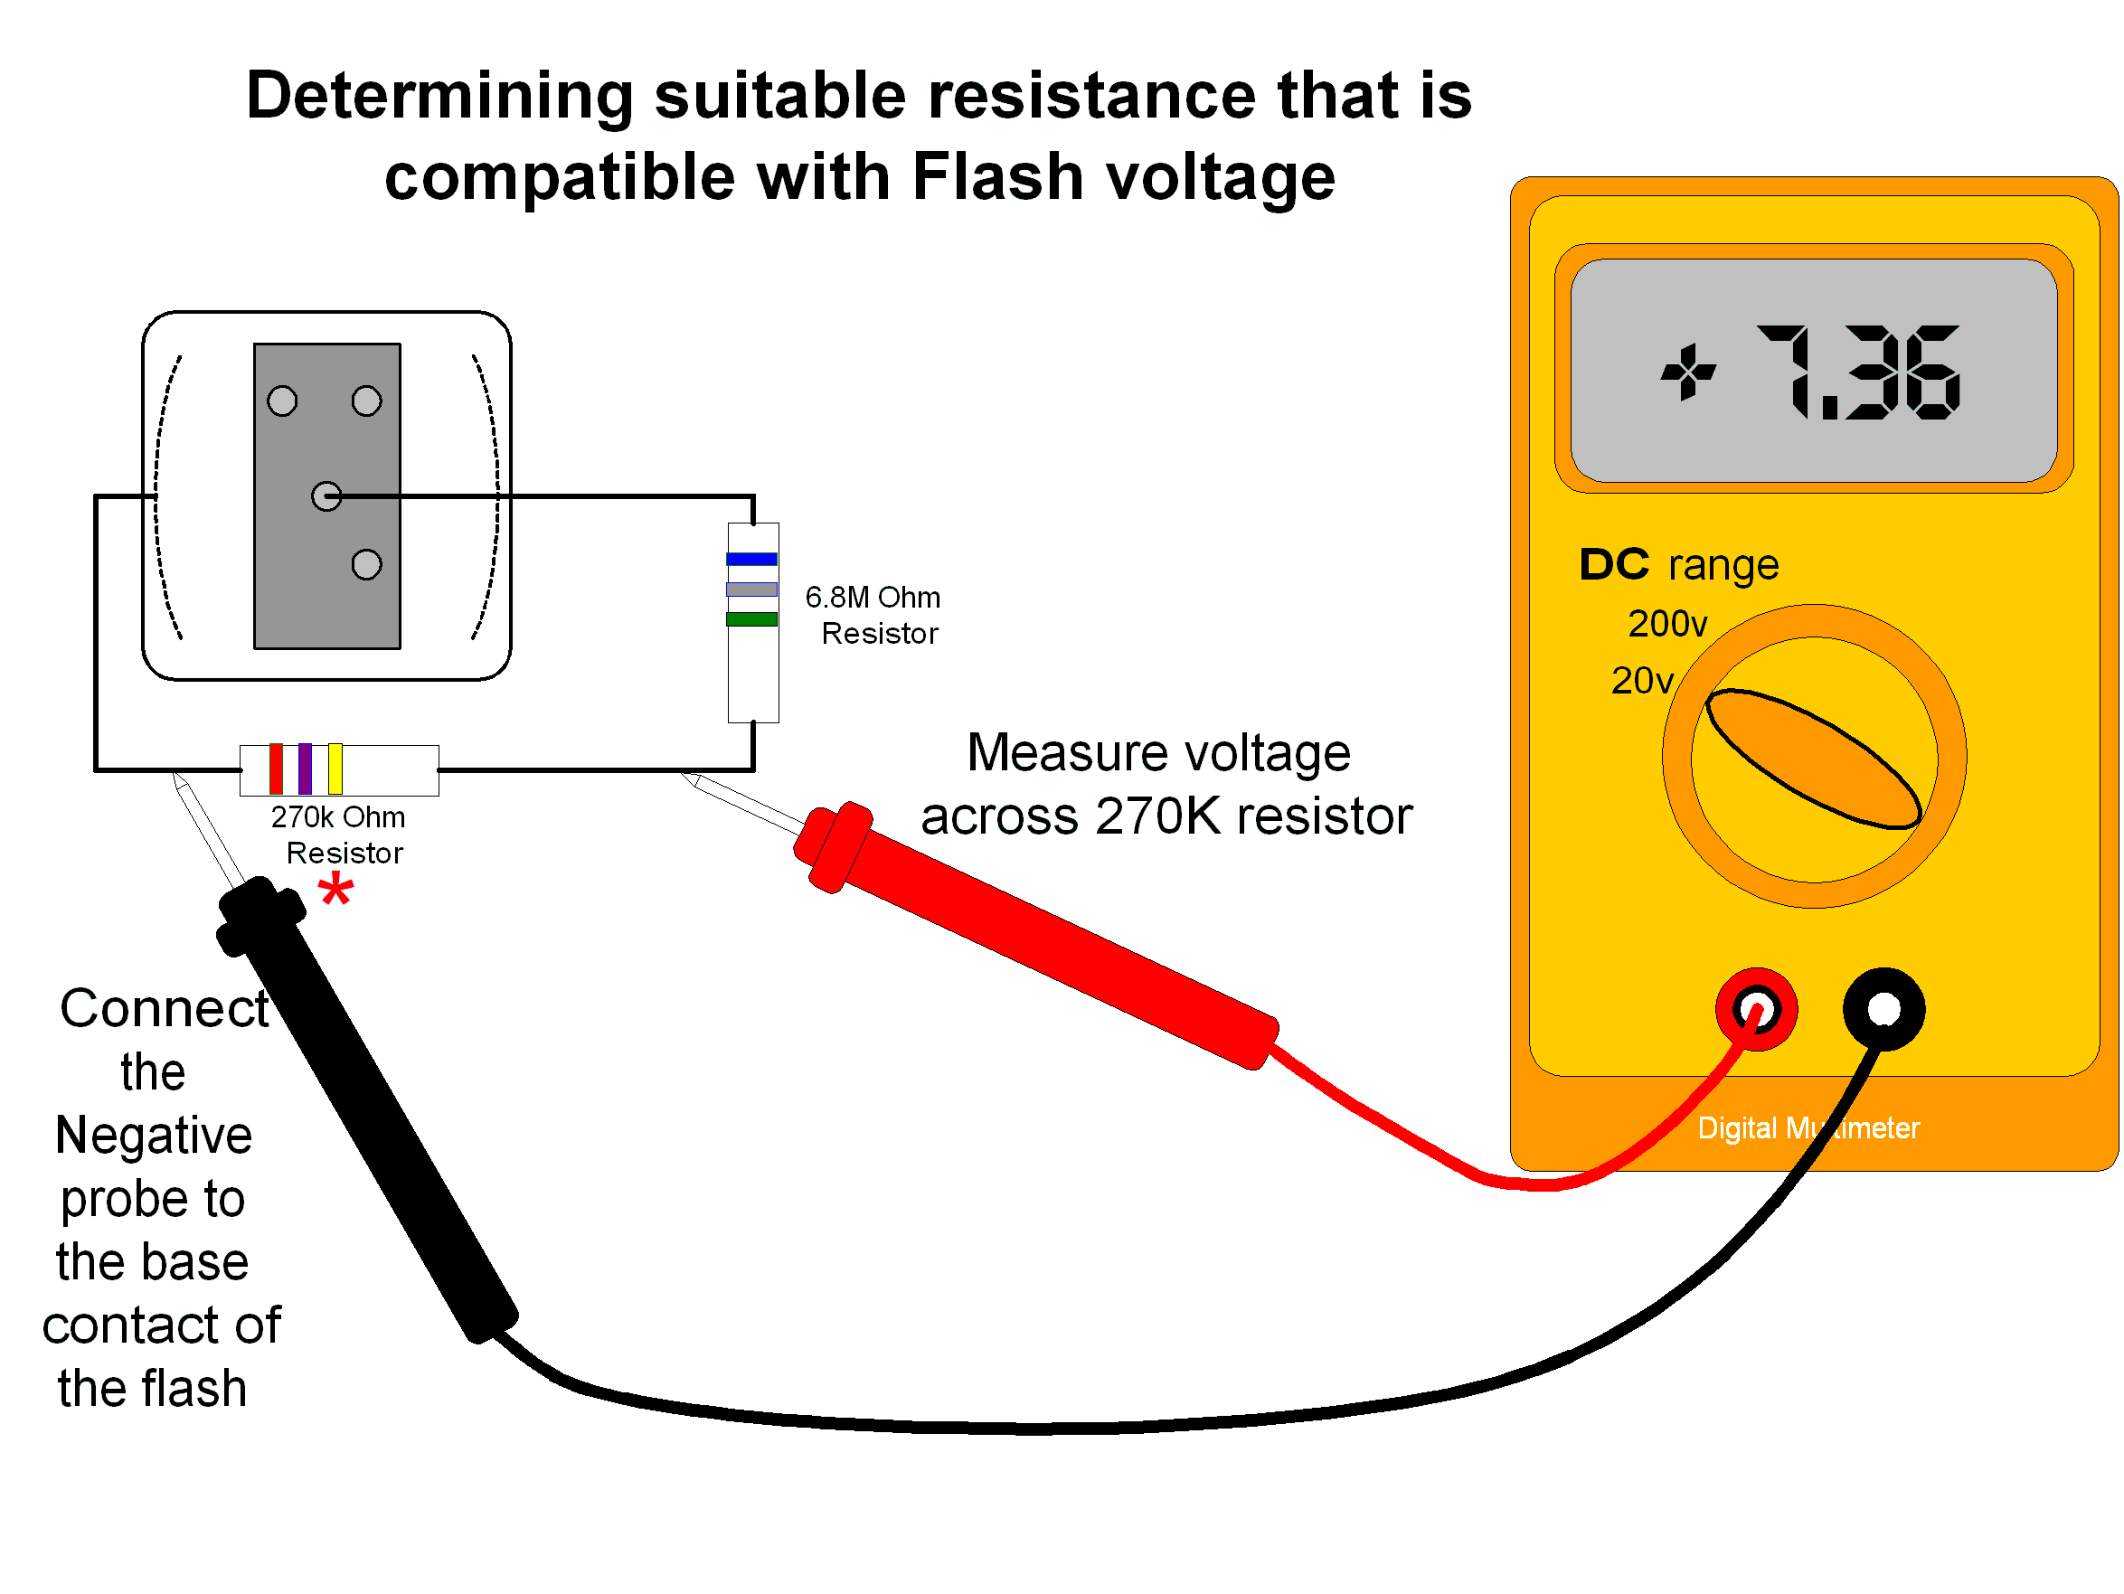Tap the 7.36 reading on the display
point(1857,373)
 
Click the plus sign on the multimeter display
point(1688,373)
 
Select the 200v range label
point(1668,624)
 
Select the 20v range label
point(1642,681)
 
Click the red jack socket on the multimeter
point(1756,1009)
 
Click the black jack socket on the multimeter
point(1883,1009)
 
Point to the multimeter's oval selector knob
point(1813,759)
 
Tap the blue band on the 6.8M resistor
point(751,559)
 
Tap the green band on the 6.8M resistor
point(751,619)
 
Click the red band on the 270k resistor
point(276,769)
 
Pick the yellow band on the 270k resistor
point(335,769)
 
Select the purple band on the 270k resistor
point(306,769)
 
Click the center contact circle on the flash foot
point(326,496)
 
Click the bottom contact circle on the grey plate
point(366,564)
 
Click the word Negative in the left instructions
point(154,1135)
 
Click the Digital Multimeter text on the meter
point(1808,1127)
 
